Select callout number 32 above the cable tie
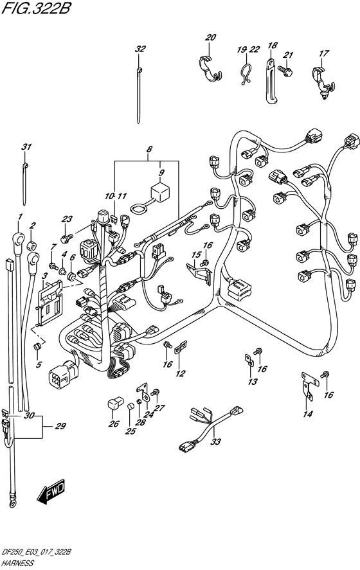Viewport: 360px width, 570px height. pyautogui.click(x=140, y=49)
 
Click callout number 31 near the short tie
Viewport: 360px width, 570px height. pyautogui.click(x=26, y=147)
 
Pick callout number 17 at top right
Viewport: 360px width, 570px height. pyautogui.click(x=323, y=53)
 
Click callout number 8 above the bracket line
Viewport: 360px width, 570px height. pyautogui.click(x=149, y=150)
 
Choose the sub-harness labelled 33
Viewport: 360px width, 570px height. pyautogui.click(x=209, y=427)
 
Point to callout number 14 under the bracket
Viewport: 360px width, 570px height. pyautogui.click(x=308, y=414)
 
